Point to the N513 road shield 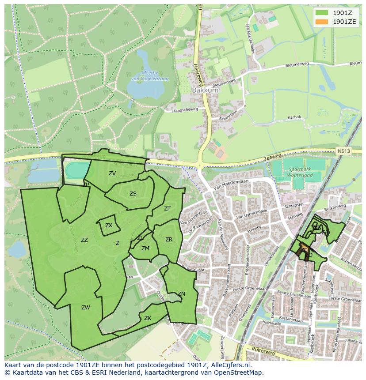pos(343,151)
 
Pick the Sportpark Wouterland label pos(300,172)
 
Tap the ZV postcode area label pos(112,173)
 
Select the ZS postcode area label pos(133,194)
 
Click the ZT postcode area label pos(167,209)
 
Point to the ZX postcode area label pos(109,226)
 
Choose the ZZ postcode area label pos(84,240)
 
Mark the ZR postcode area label pos(169,240)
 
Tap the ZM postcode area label pos(145,248)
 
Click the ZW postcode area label pos(86,308)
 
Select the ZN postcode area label pos(181,294)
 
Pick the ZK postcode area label pos(148,318)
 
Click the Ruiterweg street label pos(263,352)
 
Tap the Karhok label pos(294,117)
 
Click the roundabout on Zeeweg pos(200,166)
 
